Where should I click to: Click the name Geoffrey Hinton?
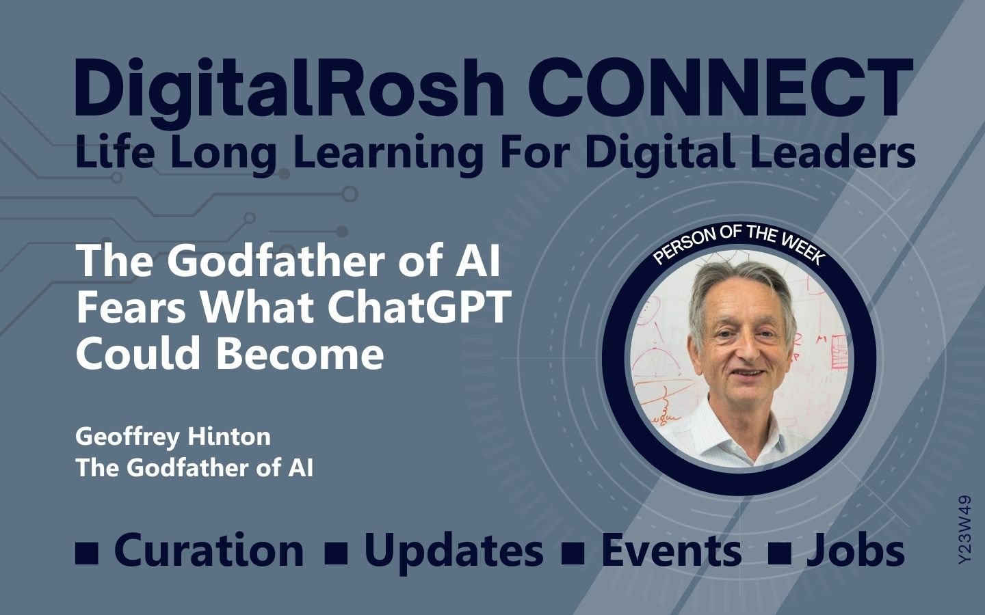pos(173,437)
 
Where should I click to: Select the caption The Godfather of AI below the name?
pos(194,468)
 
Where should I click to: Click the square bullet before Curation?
pos(87,552)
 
